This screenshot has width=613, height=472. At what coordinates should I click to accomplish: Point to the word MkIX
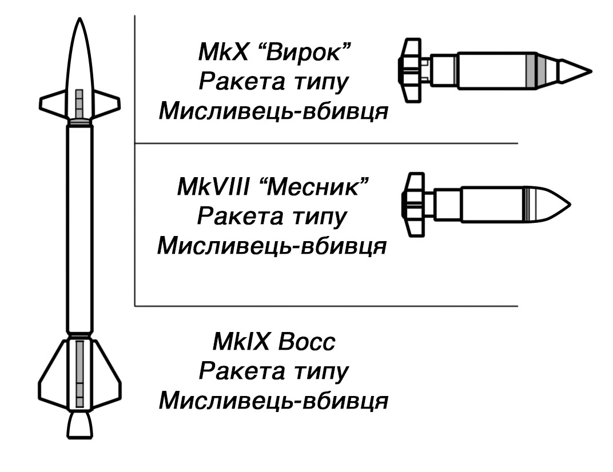tap(241, 341)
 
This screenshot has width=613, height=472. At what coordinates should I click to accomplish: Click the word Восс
tap(307, 341)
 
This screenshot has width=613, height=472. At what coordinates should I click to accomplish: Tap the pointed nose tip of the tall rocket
tap(79, 18)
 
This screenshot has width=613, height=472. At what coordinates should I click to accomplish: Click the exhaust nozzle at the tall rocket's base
tap(79, 425)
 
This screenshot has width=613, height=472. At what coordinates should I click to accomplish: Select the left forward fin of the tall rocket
tap(53, 103)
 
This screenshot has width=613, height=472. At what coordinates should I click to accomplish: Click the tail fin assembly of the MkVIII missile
tap(413, 205)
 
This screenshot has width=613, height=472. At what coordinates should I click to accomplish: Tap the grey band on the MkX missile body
tap(531, 71)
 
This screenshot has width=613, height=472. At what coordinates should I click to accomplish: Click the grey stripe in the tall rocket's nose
tap(79, 104)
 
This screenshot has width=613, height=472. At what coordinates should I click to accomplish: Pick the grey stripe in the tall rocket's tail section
tap(79, 374)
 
